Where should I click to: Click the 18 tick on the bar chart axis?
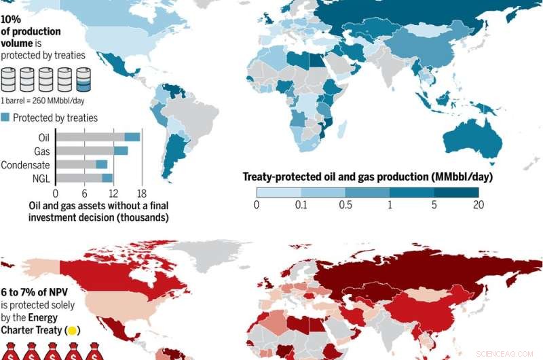point(141,192)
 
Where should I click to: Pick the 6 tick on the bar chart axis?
point(84,192)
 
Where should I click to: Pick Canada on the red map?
point(136,272)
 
